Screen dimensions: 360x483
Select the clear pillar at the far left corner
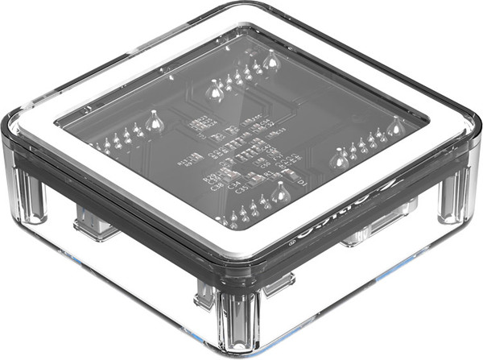tap(30, 193)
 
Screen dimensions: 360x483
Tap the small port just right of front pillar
tap(279, 283)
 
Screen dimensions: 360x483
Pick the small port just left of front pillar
tap(204, 296)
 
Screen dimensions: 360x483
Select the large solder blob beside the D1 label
tap(280, 193)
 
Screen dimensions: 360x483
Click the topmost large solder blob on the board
tap(271, 59)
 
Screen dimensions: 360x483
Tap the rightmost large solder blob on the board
tap(395, 126)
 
